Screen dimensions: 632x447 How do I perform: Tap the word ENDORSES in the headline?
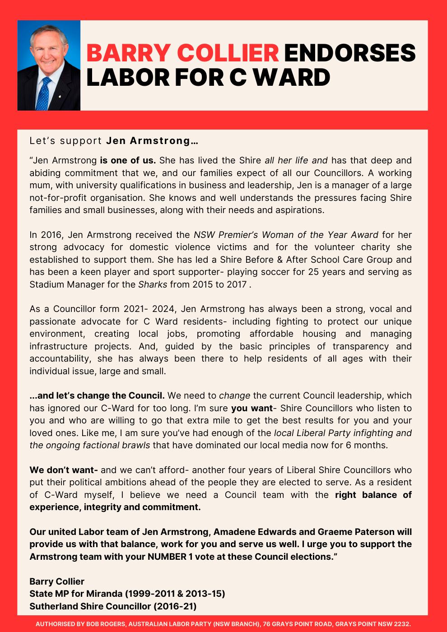pyautogui.click(x=349, y=53)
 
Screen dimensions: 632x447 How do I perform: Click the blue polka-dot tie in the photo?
pyautogui.click(x=44, y=94)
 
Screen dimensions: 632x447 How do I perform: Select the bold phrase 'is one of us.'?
pyautogui.click(x=128, y=160)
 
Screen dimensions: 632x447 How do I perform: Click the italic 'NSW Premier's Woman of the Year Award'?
pyautogui.click(x=286, y=235)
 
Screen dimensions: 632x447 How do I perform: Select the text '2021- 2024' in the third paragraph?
pyautogui.click(x=157, y=309)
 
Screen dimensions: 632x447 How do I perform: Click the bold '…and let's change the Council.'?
pyautogui.click(x=97, y=396)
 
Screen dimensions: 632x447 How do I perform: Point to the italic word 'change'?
pyautogui.click(x=234, y=396)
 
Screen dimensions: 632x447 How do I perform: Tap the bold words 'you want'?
pyautogui.click(x=251, y=408)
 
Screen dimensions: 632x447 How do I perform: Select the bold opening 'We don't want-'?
pyautogui.click(x=64, y=470)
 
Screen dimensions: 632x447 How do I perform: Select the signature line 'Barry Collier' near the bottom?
pyautogui.click(x=57, y=581)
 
